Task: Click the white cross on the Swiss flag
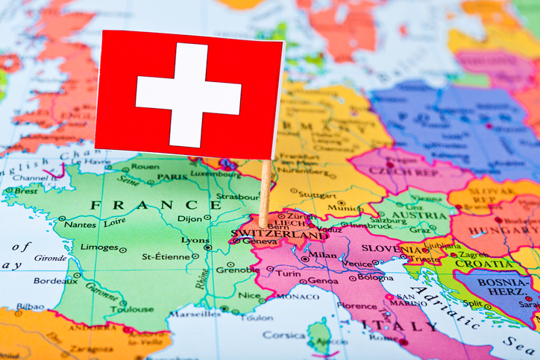[x=188, y=95]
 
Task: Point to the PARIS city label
[x=172, y=177]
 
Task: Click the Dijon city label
[x=190, y=218]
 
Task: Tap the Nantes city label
[x=80, y=224]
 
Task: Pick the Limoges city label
[x=98, y=247]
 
